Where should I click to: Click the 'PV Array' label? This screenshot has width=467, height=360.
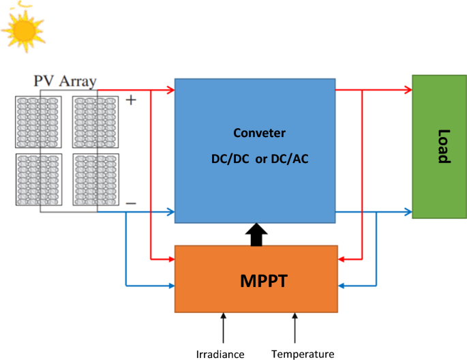(x=65, y=82)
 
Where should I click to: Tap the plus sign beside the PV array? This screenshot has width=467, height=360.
(x=131, y=100)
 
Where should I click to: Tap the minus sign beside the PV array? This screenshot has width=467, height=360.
(x=131, y=202)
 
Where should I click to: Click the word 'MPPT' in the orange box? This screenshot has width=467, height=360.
(x=256, y=280)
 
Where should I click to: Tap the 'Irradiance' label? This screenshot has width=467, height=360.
(x=220, y=354)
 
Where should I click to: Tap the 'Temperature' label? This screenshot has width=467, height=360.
(x=303, y=354)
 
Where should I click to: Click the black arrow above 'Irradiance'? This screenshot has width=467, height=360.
(x=223, y=327)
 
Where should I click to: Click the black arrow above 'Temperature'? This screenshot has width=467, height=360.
(x=295, y=327)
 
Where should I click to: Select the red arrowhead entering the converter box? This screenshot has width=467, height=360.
(x=170, y=89)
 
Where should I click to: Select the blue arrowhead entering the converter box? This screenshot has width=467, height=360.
(x=170, y=212)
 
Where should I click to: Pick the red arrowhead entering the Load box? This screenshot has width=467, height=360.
(x=408, y=89)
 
